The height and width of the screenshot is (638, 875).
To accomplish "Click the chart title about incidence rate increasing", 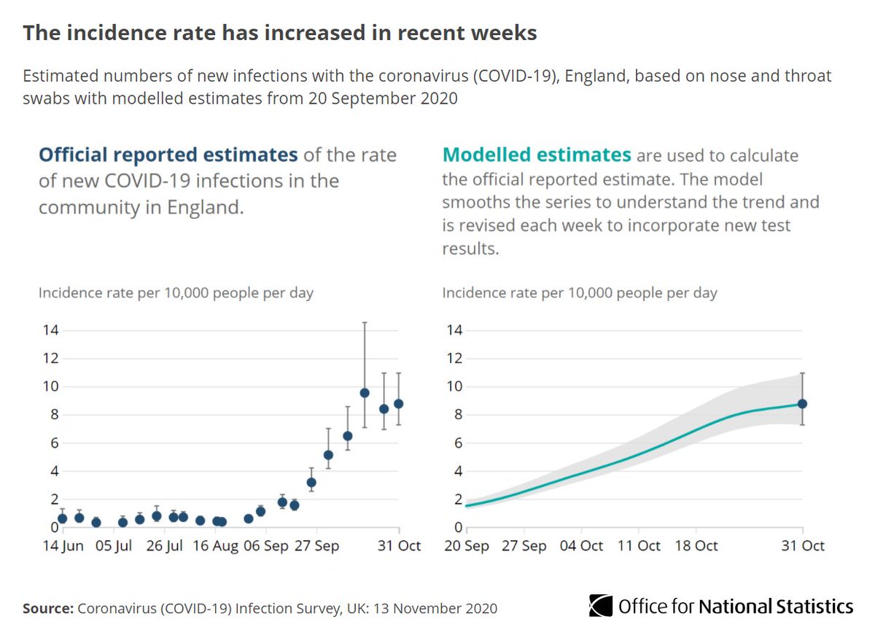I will point(280,33).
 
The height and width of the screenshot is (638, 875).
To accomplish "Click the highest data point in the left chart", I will point(365,392).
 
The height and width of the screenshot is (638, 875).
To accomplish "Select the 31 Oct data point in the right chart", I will point(803,403).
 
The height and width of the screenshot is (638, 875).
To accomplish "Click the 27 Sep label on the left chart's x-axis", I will point(317,546).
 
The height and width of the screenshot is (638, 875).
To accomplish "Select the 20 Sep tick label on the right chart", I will point(467,546).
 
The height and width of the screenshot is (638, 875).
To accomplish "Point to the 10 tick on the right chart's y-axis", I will point(452,386).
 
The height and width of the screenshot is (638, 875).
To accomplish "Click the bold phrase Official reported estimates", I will point(168,155).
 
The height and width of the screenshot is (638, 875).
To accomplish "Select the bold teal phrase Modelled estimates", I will point(537,155).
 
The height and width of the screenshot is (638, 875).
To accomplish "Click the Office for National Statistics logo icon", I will point(601,607).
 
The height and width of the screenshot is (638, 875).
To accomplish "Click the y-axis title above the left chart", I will point(176,293).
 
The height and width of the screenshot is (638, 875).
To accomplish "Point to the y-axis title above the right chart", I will point(580,293).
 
